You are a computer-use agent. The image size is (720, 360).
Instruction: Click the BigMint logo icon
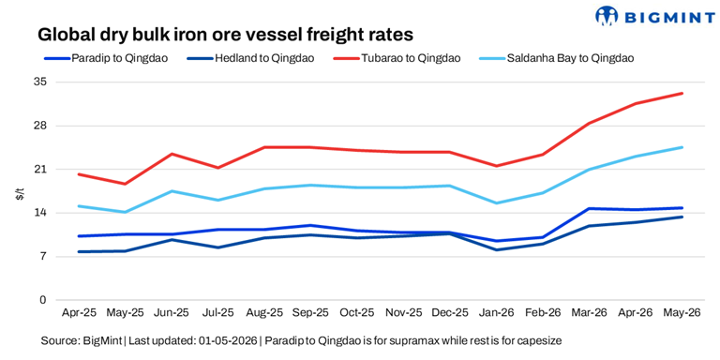tap(607, 17)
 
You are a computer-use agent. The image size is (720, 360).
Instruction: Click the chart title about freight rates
tap(225, 35)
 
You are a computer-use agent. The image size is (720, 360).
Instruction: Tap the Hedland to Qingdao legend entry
tap(251, 58)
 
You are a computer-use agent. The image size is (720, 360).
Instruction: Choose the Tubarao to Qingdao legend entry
tap(397, 58)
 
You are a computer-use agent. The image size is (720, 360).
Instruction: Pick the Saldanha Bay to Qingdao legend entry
tap(556, 58)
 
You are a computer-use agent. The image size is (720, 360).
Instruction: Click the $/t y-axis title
tap(20, 194)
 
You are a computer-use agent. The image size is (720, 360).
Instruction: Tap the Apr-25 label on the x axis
tap(79, 313)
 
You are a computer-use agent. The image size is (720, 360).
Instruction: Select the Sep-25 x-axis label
tap(310, 313)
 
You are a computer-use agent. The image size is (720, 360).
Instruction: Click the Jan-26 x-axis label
tap(496, 313)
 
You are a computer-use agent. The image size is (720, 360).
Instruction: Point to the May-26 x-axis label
tap(682, 313)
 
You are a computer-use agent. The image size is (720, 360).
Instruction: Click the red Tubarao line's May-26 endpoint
tap(682, 93)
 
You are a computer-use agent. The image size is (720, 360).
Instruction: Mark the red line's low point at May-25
tap(125, 184)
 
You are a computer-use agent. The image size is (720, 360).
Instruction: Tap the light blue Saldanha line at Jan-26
tap(496, 202)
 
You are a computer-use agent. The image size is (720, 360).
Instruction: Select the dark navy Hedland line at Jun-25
tap(172, 240)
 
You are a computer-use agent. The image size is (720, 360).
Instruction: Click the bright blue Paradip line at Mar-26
tap(589, 208)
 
